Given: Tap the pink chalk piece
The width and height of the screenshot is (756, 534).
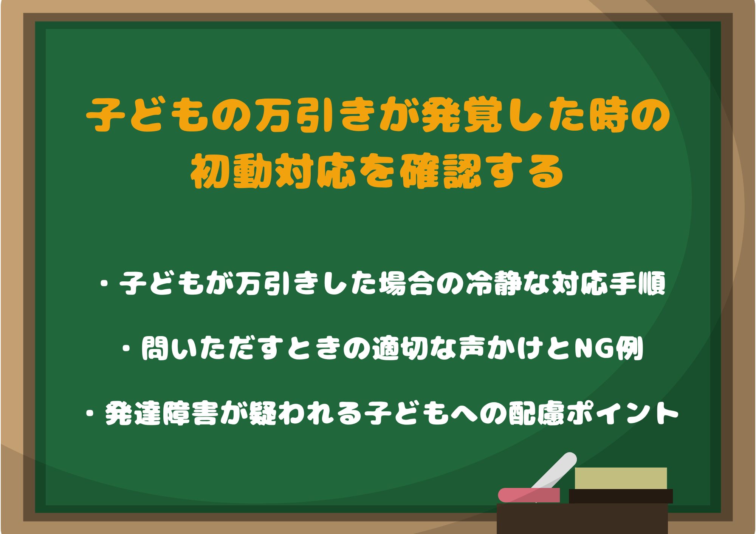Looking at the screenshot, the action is click(529, 495).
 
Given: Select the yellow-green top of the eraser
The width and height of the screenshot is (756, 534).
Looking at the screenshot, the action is click(621, 478).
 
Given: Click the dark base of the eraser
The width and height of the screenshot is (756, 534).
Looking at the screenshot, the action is click(621, 496).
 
